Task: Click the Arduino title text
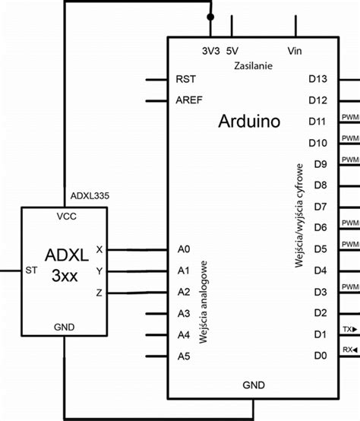(249, 121)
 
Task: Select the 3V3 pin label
(210, 51)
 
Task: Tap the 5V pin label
(232, 51)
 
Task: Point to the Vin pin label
(295, 51)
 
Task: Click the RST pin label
(185, 79)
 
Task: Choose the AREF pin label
(188, 100)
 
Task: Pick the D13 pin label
(317, 79)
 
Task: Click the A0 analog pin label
(183, 249)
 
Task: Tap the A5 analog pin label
(183, 356)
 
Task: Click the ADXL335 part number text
(90, 195)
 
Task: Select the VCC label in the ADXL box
(66, 217)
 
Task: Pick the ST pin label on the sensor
(32, 270)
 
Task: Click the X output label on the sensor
(99, 249)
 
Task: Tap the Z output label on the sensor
(99, 292)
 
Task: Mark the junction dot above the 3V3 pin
(210, 15)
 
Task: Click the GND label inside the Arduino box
(253, 385)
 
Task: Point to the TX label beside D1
(348, 329)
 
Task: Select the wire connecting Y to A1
(137, 271)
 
